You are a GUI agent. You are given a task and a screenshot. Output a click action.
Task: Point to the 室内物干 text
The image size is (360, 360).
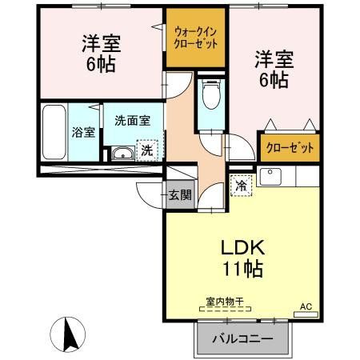223,302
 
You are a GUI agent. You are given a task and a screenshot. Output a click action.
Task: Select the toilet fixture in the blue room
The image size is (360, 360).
210,98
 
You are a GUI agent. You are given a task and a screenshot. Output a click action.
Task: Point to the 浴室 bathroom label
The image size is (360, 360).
83,132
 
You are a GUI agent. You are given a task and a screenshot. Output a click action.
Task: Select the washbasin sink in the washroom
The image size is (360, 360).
122,154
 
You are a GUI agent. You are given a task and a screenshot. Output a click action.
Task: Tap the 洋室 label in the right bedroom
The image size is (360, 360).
273,58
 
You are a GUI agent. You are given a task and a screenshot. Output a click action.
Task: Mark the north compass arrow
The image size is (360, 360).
68,330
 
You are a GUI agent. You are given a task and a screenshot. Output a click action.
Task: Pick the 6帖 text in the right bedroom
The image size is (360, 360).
273,80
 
